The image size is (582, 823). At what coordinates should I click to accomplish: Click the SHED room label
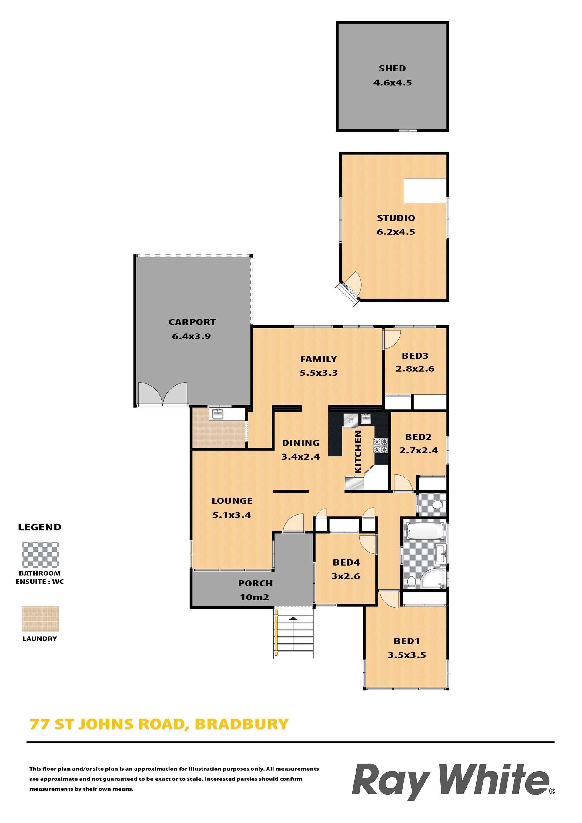(392, 68)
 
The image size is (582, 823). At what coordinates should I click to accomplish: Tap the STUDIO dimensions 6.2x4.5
(396, 232)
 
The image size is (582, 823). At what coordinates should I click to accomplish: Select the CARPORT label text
(192, 322)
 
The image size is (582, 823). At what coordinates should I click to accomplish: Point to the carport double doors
(162, 394)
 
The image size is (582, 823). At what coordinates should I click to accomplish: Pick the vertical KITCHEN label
(358, 452)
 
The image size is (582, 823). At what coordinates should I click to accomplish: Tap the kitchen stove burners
(381, 446)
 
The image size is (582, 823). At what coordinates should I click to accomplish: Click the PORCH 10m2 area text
(255, 590)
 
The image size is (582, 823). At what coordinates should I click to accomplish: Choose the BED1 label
(406, 641)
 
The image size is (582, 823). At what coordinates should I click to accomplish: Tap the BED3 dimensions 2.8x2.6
(415, 369)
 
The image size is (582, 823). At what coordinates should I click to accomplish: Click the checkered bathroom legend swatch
(40, 555)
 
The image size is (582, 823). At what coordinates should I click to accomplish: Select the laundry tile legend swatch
(40, 619)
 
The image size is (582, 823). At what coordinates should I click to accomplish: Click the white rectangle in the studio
(425, 191)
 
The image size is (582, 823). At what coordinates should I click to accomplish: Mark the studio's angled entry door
(350, 287)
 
